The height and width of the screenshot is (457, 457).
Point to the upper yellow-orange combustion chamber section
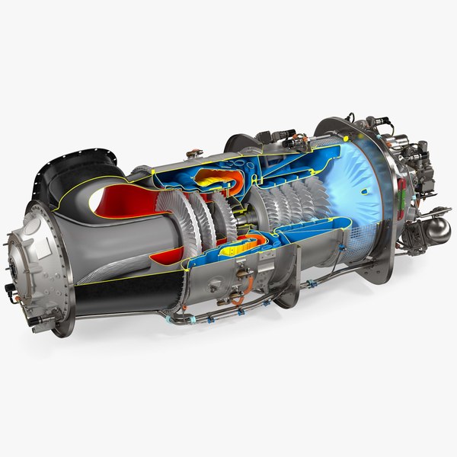point(217,180)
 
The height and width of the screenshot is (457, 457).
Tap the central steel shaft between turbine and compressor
point(242,218)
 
